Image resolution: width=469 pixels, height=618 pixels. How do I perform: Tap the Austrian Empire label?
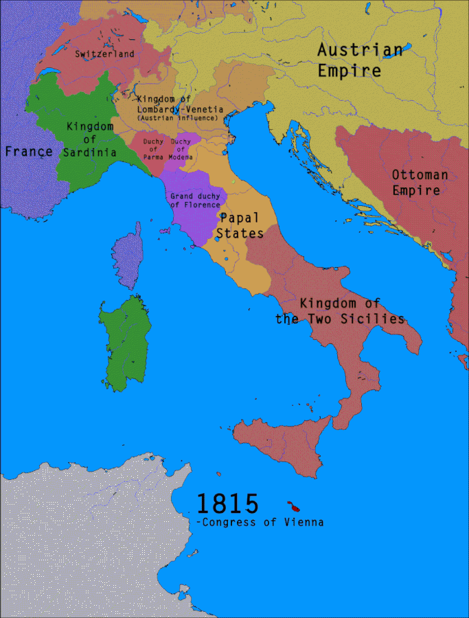(x=359, y=60)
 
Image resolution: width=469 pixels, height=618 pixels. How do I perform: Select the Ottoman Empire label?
(x=420, y=183)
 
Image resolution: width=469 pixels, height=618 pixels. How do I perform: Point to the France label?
(x=28, y=151)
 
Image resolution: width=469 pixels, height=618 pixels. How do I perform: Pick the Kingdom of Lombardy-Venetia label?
(x=176, y=104)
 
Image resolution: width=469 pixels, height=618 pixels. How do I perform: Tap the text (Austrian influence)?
(x=176, y=118)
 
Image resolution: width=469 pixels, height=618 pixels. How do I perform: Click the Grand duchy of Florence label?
(x=195, y=201)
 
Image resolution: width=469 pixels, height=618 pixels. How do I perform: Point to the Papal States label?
(x=240, y=225)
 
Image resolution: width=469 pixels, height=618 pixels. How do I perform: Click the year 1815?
(x=227, y=503)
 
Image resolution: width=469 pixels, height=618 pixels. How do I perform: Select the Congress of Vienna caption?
(x=260, y=523)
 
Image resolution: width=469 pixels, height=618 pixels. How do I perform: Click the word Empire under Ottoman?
(x=416, y=191)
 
